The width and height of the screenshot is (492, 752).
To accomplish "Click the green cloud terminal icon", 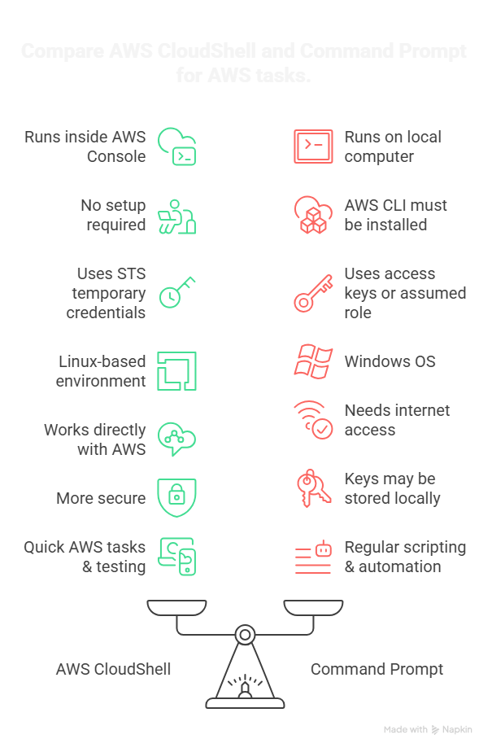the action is pos(176,146).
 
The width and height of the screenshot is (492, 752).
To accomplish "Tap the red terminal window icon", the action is pos(313,146).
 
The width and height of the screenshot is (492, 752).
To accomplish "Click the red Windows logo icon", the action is pos(313,361).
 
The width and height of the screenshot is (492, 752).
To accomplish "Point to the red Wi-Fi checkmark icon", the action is pos(313,420).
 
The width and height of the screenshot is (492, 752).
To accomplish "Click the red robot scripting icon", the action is pos(313,557).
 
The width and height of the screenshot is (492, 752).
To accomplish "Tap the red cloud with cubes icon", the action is pos(313,215).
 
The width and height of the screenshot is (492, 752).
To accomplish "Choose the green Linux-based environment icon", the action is pos(176,370).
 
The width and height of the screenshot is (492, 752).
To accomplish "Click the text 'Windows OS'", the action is pos(390,361).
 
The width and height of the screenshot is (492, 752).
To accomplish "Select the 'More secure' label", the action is pos(101,498).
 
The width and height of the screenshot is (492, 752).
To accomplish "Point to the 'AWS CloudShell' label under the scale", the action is pos(113,669).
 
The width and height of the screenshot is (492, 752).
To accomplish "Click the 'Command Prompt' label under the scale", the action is pos(377,669).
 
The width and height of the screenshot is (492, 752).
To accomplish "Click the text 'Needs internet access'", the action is pos(397,420).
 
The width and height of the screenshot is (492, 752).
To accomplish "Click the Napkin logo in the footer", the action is pos(437,730).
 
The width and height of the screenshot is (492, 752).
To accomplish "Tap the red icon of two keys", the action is pos(313,488).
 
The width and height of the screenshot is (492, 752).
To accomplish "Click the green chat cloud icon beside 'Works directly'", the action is pos(176,439).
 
